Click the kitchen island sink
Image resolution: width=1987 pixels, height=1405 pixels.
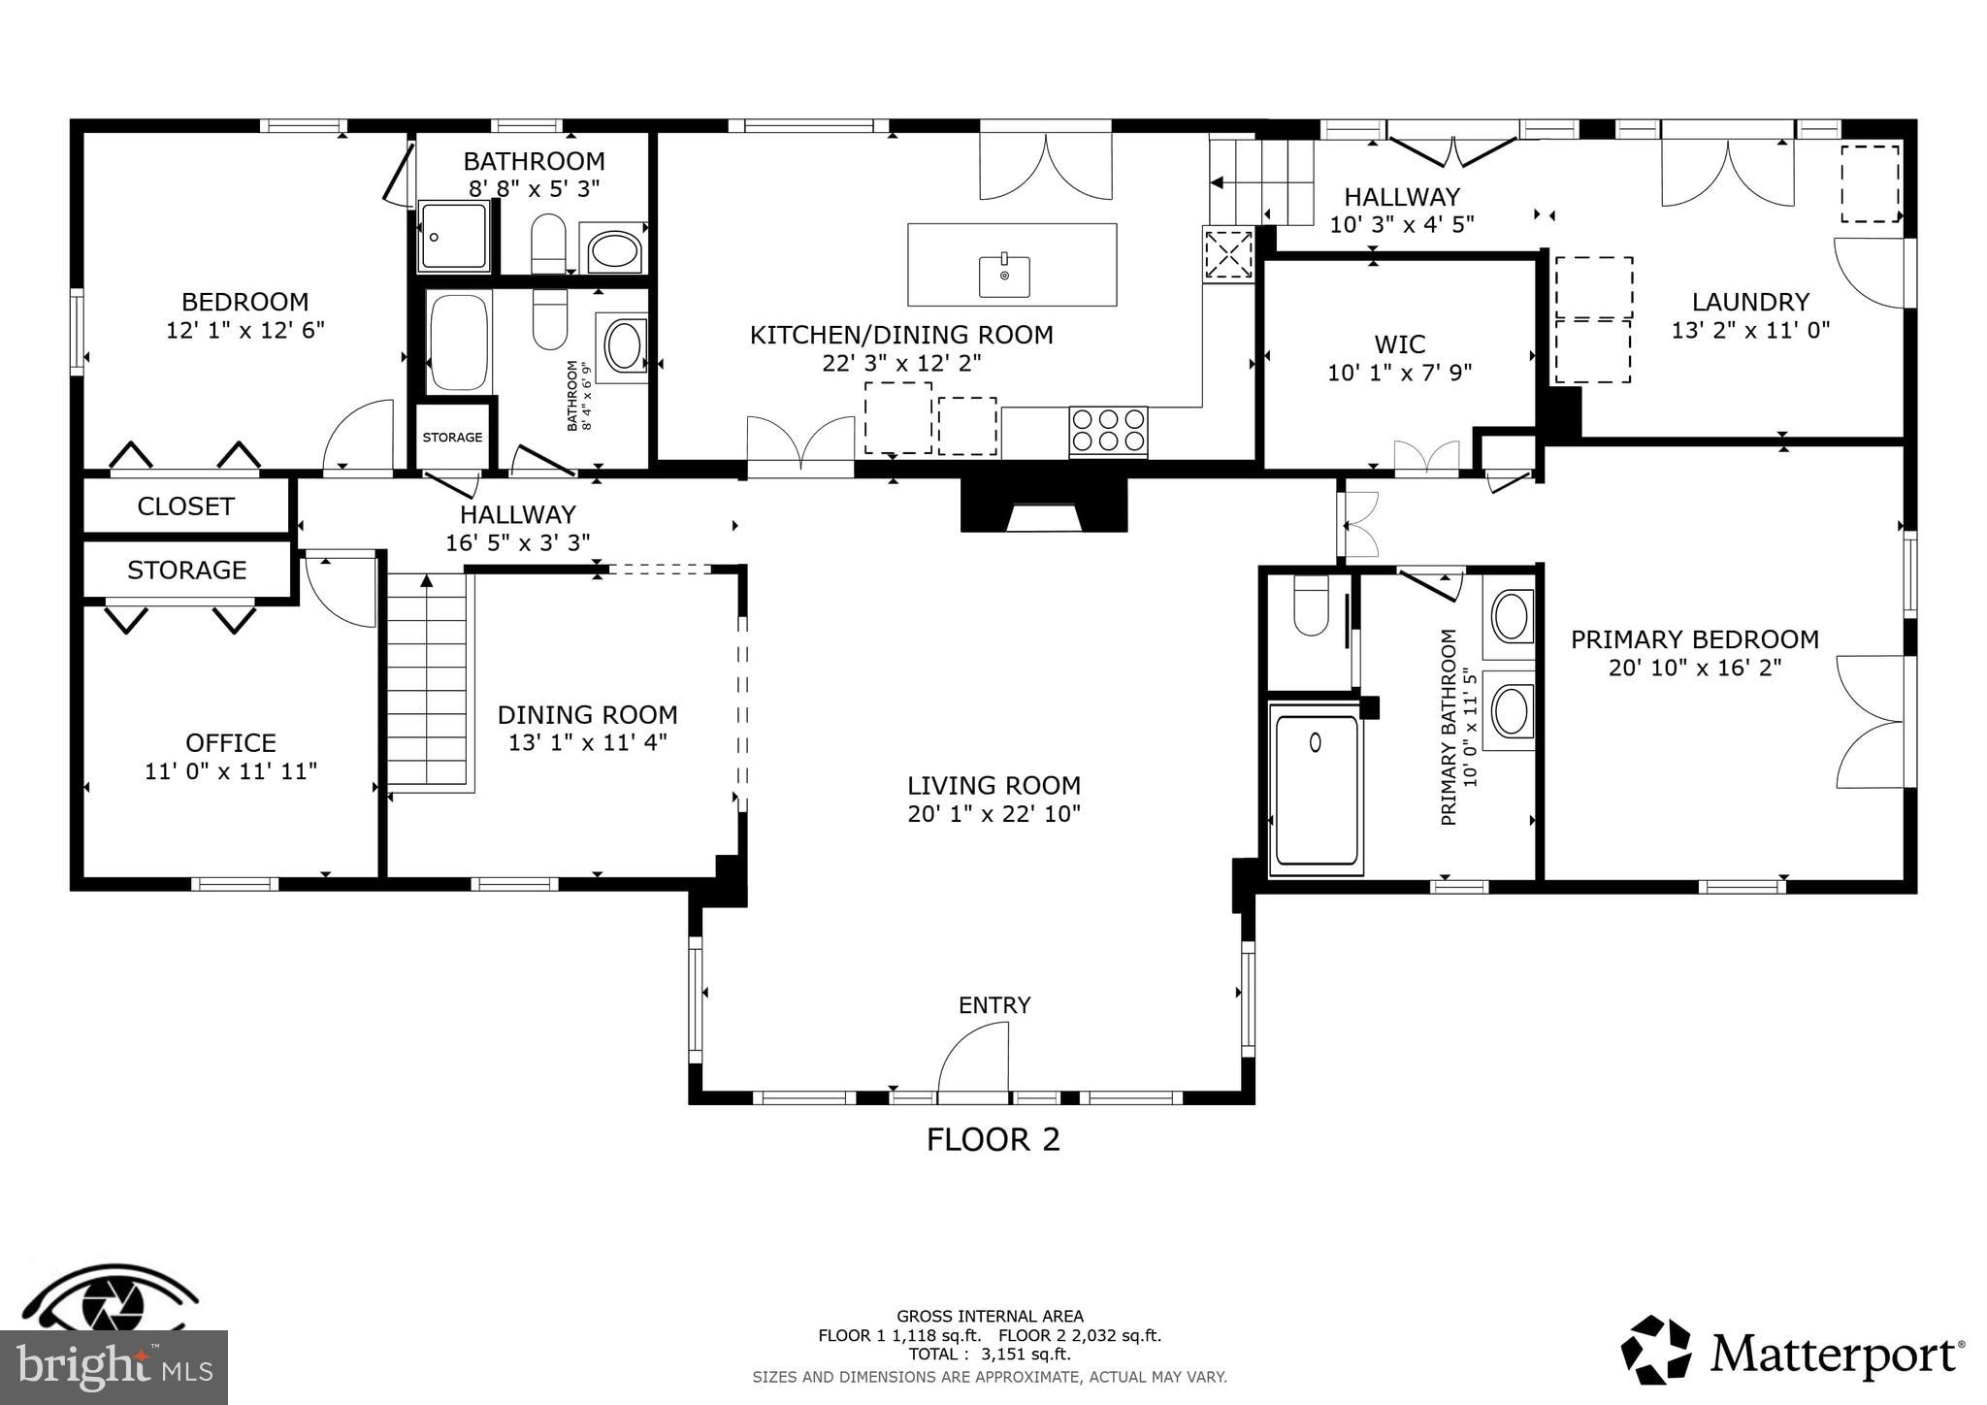tap(1004, 277)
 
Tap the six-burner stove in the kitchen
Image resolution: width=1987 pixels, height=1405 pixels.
tap(1108, 431)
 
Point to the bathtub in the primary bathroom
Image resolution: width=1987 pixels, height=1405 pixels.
tap(1316, 789)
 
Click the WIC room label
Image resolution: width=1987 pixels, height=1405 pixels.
tap(1399, 344)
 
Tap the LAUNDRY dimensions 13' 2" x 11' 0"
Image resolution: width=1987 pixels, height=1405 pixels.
tap(1749, 330)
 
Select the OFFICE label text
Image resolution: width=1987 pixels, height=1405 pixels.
tap(231, 743)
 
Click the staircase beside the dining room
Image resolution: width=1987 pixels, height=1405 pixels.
tap(427, 679)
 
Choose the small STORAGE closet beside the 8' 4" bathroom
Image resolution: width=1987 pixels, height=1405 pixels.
tap(452, 437)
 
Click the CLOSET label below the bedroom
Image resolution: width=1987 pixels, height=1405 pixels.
tap(185, 506)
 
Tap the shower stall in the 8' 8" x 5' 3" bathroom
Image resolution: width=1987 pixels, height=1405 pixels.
tap(454, 236)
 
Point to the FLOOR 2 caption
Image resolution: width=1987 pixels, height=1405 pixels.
tap(993, 1139)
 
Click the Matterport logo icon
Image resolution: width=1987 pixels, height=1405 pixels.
tap(1657, 1350)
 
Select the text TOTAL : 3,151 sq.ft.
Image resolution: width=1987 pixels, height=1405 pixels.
tap(990, 1355)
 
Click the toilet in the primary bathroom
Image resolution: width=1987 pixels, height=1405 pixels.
tap(1311, 605)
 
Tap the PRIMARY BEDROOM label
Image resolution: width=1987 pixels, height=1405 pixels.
tap(1694, 639)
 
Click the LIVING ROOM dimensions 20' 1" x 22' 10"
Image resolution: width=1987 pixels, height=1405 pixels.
tap(993, 814)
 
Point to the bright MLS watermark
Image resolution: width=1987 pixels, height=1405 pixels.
tap(114, 1367)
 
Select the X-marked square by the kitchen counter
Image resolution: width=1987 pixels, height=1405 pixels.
tap(1228, 255)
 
